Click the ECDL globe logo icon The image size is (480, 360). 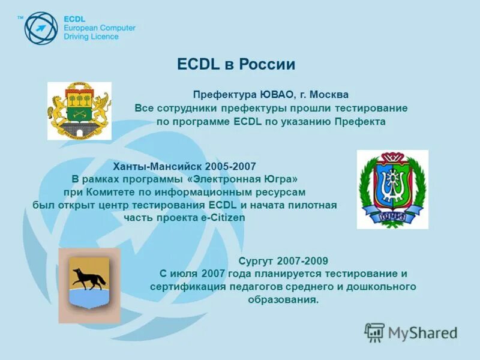(x=41, y=28)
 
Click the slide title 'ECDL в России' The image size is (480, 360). (x=236, y=65)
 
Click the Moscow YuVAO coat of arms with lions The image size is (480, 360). (x=79, y=110)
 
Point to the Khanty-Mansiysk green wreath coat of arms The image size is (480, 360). (x=392, y=190)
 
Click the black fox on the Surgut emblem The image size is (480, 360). (x=89, y=278)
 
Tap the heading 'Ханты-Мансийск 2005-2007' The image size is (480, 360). (x=184, y=165)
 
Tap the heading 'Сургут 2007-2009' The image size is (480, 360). (x=283, y=260)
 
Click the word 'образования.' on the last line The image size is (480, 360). (x=283, y=300)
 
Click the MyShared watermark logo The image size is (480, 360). (x=411, y=332)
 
